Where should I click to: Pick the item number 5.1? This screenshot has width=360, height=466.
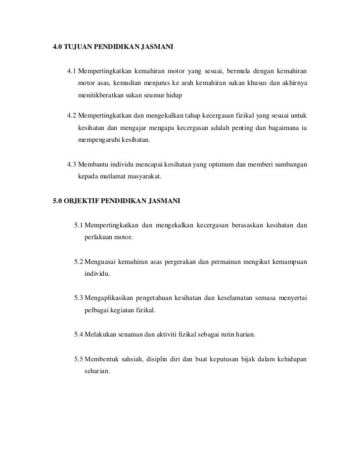[x=79, y=226]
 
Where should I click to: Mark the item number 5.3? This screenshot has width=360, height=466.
[x=79, y=297]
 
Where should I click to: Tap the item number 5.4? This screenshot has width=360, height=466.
[x=79, y=335]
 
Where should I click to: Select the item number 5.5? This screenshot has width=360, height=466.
[x=79, y=359]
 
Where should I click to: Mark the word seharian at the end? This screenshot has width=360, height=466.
[x=98, y=372]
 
